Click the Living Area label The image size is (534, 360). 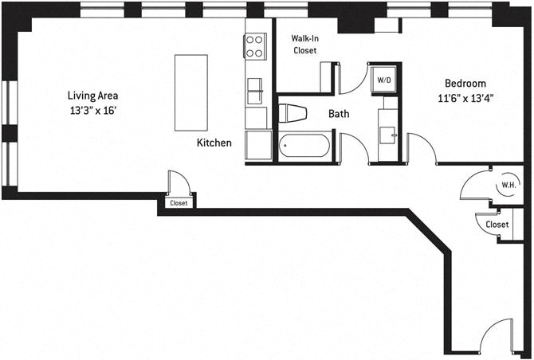pos(93,96)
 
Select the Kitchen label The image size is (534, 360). pos(214,143)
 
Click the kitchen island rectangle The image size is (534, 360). pos(191,92)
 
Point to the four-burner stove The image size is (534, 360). pos(255,46)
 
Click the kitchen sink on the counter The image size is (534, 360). pos(255,91)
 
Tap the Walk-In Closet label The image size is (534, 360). pos(304,45)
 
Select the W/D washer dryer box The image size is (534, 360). pos(384,80)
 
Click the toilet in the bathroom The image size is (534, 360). pos(293,113)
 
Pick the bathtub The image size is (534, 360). pos(304,146)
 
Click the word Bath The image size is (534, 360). pos(339,114)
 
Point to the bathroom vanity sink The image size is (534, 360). pos(388,135)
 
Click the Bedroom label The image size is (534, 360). pos(465,84)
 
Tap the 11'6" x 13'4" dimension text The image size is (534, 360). pos(465,99)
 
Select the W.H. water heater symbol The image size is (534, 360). pos(508,186)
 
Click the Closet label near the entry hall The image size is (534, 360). pos(497,225)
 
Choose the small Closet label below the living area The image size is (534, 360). pos(179,203)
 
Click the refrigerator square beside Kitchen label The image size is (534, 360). pos(258,145)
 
